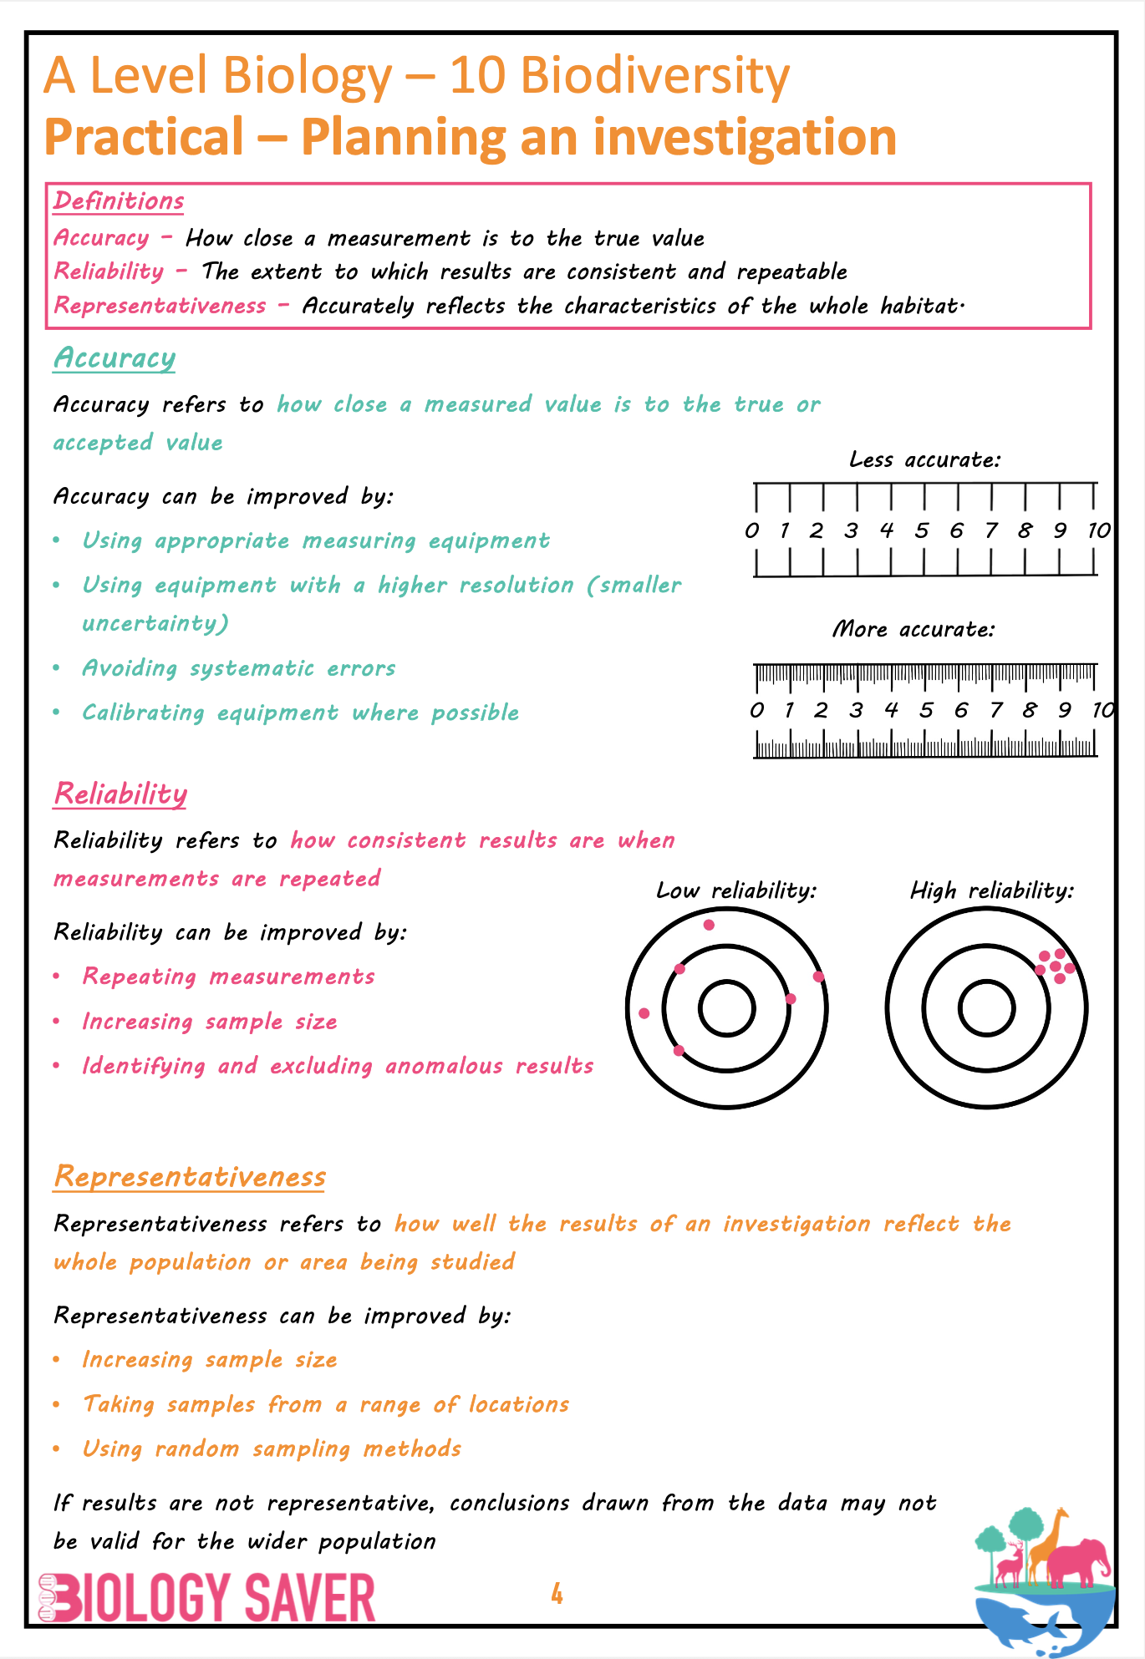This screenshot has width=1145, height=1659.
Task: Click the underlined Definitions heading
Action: pyautogui.click(x=119, y=201)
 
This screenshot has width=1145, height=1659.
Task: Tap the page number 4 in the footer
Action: pyautogui.click(x=557, y=1595)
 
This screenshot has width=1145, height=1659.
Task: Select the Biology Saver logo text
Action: pyautogui.click(x=209, y=1598)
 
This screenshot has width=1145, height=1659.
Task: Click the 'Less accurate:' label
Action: pyautogui.click(x=924, y=459)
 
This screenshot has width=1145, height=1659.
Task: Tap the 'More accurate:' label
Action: pyautogui.click(x=913, y=629)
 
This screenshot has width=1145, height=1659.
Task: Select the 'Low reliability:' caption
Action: pyautogui.click(x=735, y=890)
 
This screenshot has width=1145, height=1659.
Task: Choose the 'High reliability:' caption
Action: pyautogui.click(x=991, y=890)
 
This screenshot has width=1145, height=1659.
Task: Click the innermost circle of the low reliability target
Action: pyautogui.click(x=727, y=1008)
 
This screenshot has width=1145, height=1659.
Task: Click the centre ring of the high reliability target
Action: pyautogui.click(x=986, y=1008)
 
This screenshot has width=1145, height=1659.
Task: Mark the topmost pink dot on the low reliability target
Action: pyautogui.click(x=709, y=925)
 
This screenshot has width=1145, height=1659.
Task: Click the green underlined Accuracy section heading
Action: pyautogui.click(x=114, y=358)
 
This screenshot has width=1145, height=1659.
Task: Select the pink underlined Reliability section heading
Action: pyautogui.click(x=120, y=794)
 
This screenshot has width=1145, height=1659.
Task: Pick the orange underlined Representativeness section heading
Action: pyautogui.click(x=190, y=1176)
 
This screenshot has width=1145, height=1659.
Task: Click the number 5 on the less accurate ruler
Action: pyautogui.click(x=921, y=530)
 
